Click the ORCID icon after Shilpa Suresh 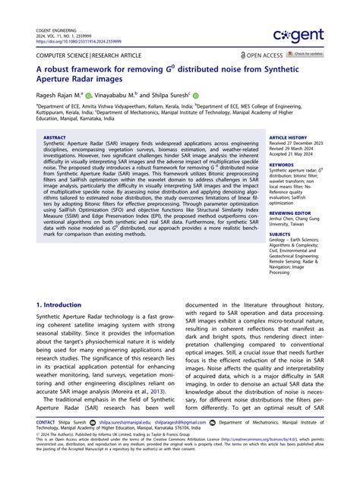[x=195, y=96]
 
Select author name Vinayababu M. [x=118, y=96]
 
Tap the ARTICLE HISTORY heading [x=287, y=139]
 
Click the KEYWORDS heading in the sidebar [x=281, y=163]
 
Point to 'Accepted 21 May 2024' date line [x=293, y=155]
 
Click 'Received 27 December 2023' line [x=300, y=144]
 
